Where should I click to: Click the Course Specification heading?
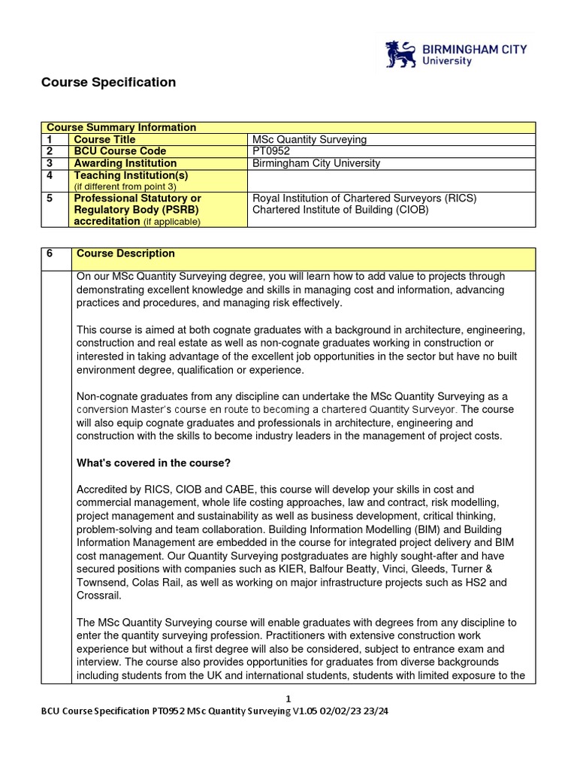point(108,83)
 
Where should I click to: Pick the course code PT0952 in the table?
point(271,151)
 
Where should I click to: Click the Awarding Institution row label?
point(125,163)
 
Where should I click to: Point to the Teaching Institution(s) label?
point(129,175)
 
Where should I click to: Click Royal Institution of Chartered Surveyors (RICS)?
point(364,199)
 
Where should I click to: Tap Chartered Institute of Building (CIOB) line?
point(340,210)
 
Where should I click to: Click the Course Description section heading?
point(125,254)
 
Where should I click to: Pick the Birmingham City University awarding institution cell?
point(316,163)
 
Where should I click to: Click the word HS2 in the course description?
point(464,582)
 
